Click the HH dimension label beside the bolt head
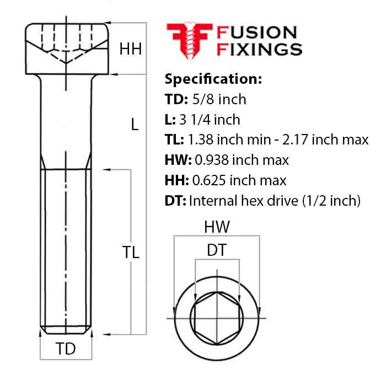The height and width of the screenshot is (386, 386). click(x=131, y=49)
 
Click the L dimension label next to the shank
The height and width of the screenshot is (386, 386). click(x=134, y=125)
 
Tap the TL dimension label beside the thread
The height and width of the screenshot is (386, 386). click(x=131, y=253)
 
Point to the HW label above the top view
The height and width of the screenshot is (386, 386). click(x=217, y=227)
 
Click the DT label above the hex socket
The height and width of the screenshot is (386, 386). click(x=216, y=250)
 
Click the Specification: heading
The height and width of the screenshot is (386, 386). click(x=213, y=79)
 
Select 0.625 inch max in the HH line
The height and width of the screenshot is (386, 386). click(x=238, y=180)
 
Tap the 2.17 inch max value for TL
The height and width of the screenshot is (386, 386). click(x=331, y=140)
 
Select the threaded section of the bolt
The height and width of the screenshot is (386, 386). click(x=66, y=248)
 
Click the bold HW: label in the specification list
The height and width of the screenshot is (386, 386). click(x=177, y=160)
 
